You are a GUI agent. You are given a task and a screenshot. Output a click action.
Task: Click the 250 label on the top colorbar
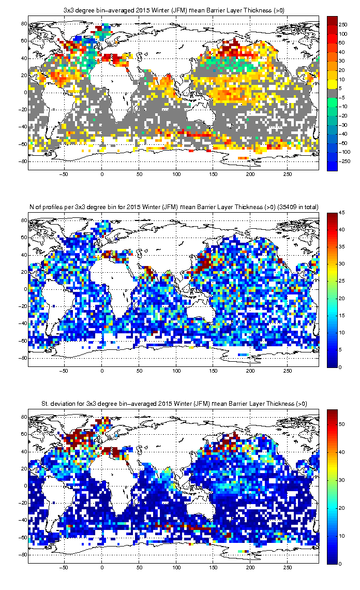pos(343,24)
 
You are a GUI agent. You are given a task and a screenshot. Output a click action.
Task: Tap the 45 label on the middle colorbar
pos(341,213)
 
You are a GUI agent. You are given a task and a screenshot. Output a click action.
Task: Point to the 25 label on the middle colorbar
pos(341,281)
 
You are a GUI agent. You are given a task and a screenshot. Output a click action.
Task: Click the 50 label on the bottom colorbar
pos(341,424)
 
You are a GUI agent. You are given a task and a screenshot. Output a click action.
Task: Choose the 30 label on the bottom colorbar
pos(341,480)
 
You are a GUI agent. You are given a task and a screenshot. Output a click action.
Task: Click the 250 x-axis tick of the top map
pos(288,174)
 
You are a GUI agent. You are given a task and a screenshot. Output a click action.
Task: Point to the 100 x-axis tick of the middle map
pos(176,371)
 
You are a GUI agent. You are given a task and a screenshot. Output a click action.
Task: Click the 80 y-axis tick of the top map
pos(24,24)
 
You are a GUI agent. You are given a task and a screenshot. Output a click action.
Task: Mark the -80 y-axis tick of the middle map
pos(23,358)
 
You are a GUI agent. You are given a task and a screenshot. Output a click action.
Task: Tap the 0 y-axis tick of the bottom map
pos(25,486)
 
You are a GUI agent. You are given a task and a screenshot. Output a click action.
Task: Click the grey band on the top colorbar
pos(332,93)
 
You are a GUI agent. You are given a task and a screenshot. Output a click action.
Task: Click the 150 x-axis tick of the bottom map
pos(213,568)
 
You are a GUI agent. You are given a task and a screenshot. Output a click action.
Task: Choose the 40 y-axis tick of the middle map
pos(24,255)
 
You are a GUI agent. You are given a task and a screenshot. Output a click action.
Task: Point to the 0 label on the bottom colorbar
pos(340,564)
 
